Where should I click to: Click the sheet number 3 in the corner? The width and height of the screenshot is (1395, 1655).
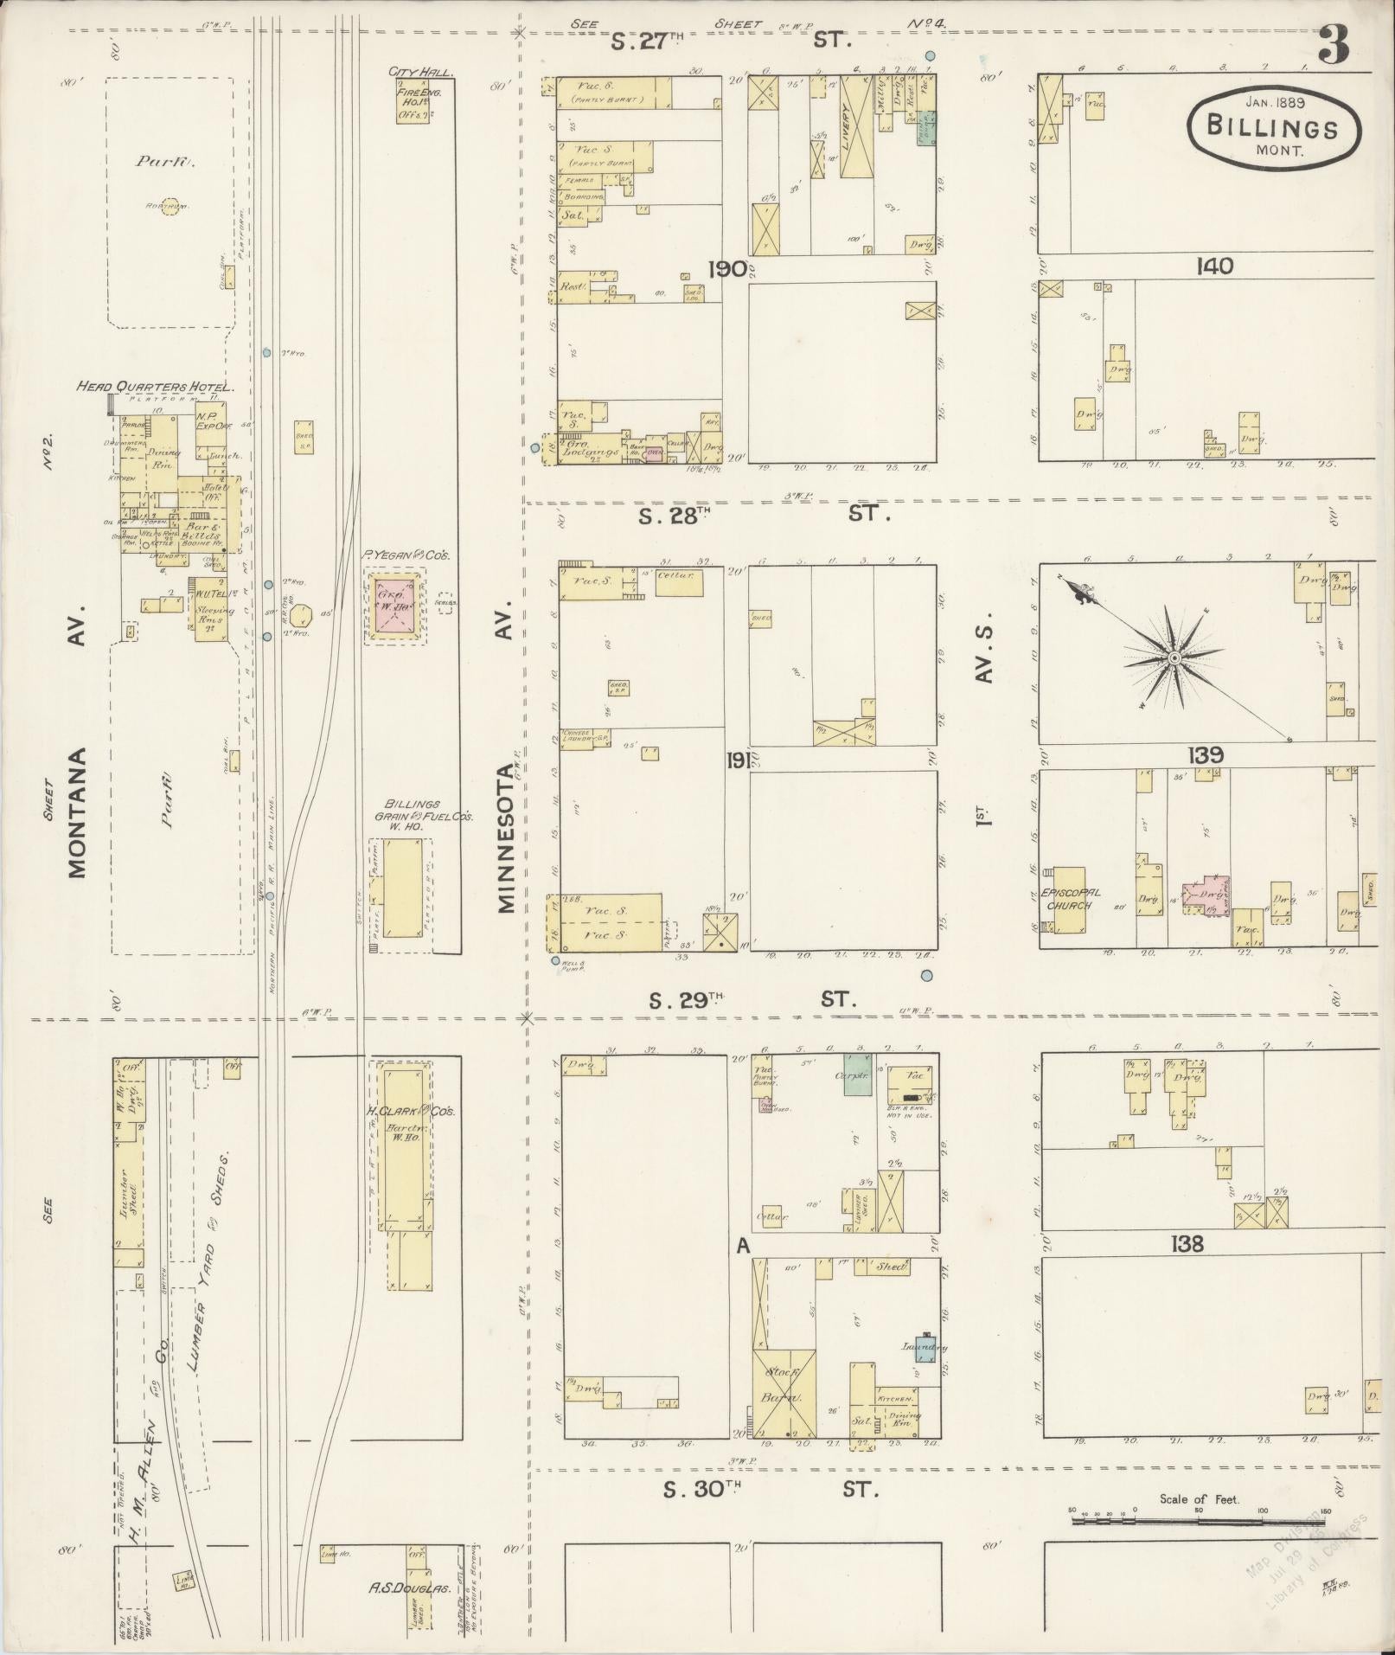point(1334,46)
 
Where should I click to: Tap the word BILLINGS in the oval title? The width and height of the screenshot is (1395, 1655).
point(1273,129)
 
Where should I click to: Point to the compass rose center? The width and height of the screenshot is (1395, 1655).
point(1174,659)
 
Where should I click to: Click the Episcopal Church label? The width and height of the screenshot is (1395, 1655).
point(1070,899)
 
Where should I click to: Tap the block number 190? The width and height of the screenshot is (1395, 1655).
point(726,269)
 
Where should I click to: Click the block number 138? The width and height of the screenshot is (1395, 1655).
point(1187,1244)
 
